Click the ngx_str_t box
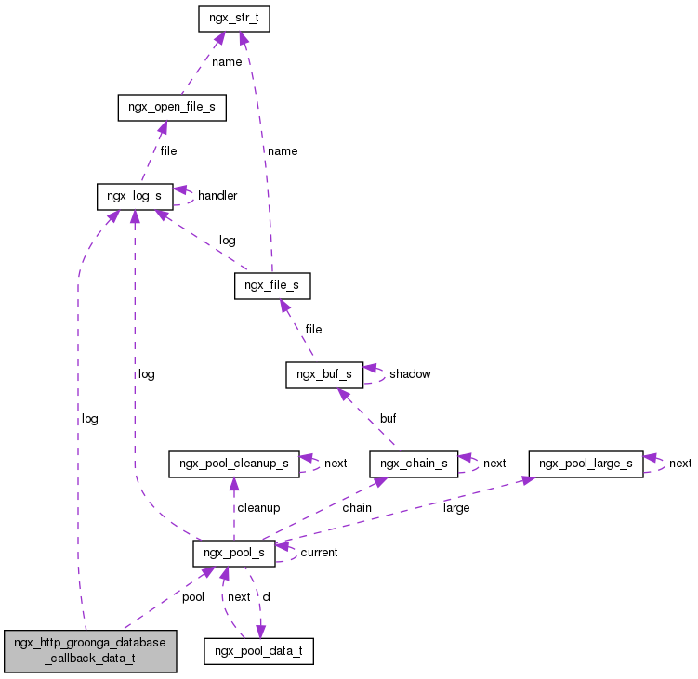point(233,18)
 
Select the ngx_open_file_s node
point(166,107)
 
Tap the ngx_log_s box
point(135,196)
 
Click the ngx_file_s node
point(271,285)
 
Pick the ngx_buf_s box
point(323,374)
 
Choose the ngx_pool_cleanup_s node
point(232,464)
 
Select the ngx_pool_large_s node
point(586,464)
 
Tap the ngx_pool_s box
point(233,553)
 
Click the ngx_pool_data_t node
point(258,651)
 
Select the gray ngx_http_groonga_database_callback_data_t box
point(89,649)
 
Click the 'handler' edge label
point(217,196)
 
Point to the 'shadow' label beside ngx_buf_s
point(410,374)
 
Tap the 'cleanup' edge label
point(257,508)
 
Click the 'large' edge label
point(456,508)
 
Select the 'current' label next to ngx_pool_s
point(319,553)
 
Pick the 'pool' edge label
point(192,597)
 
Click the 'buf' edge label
point(388,419)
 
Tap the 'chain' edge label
point(357,508)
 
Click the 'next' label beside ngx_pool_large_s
point(680,464)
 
